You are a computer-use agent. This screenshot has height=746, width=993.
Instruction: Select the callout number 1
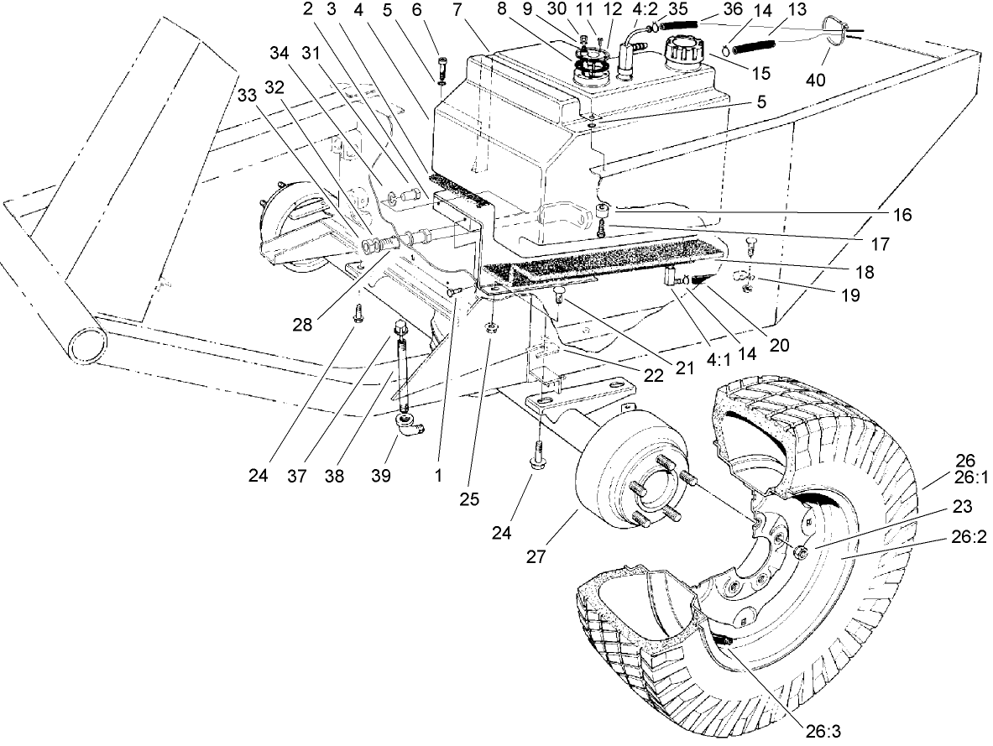coord(438,475)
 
